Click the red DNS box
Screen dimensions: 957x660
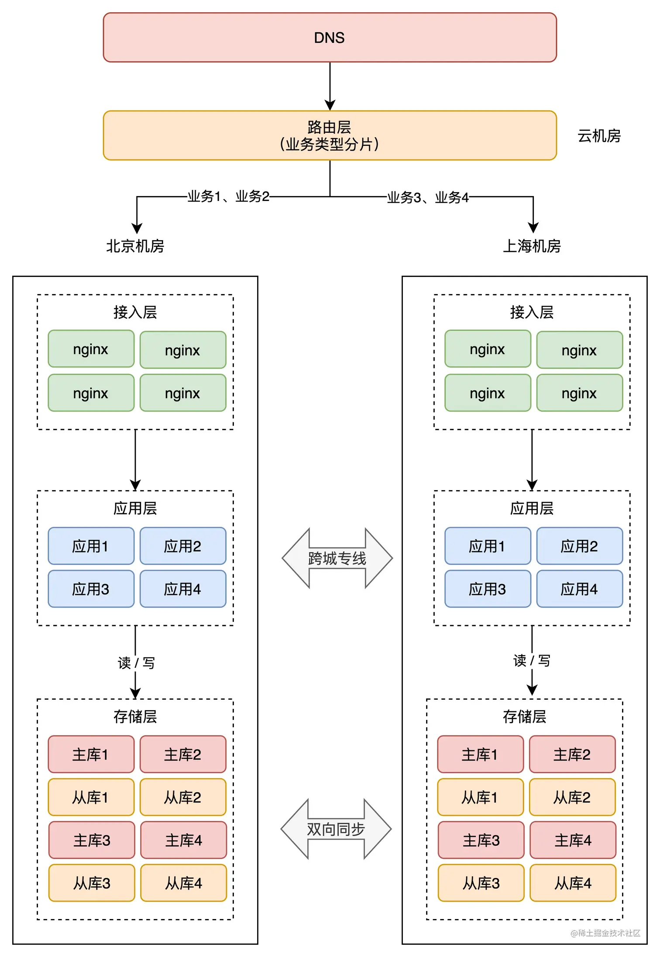pyautogui.click(x=330, y=38)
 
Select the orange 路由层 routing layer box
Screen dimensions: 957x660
pyautogui.click(x=330, y=135)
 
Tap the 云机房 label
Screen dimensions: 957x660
pyautogui.click(x=599, y=136)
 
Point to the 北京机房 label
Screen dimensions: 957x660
pyautogui.click(x=135, y=246)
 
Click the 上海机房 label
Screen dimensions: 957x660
pyautogui.click(x=532, y=246)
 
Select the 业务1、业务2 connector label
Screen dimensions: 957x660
pyautogui.click(x=228, y=197)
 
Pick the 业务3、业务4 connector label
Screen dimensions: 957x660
pyautogui.click(x=428, y=197)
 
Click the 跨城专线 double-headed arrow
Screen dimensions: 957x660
pyautogui.click(x=337, y=558)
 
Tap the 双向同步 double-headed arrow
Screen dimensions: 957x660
pyautogui.click(x=336, y=829)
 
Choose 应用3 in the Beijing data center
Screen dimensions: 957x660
pyautogui.click(x=91, y=589)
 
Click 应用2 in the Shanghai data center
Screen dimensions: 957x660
pyautogui.click(x=579, y=546)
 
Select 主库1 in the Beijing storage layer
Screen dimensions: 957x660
pyautogui.click(x=91, y=754)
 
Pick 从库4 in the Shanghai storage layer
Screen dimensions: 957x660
pyautogui.click(x=573, y=883)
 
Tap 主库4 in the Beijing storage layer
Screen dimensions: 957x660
pyautogui.click(x=183, y=840)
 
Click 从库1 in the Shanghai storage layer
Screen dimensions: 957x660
pyautogui.click(x=480, y=797)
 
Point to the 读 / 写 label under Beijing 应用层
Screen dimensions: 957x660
pyautogui.click(x=136, y=663)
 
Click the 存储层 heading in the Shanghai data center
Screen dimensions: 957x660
pyautogui.click(x=524, y=716)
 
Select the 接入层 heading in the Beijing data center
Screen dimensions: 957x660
pyautogui.click(x=135, y=312)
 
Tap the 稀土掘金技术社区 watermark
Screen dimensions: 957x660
pyautogui.click(x=605, y=933)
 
